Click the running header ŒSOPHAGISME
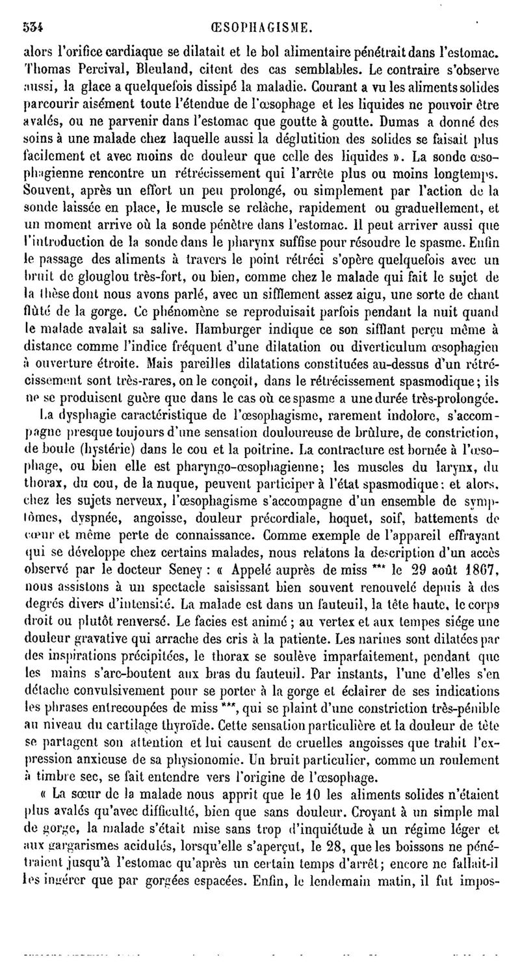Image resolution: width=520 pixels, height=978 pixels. coord(262,27)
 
